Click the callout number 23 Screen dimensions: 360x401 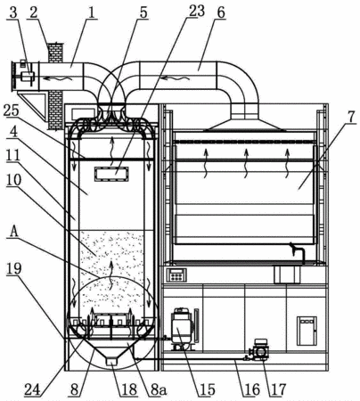pos(194,12)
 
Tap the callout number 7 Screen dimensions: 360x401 pos(351,117)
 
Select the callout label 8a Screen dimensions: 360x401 pos(158,389)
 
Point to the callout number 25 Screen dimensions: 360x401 pos(11,111)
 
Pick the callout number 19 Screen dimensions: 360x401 pos(13,269)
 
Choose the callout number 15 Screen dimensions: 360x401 pos(207,389)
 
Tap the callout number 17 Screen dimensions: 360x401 pos(278,389)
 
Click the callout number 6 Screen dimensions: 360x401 pos(220,12)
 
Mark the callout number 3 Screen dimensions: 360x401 pos(13,12)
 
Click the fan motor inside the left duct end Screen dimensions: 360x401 pos(26,77)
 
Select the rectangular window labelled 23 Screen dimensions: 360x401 pos(111,174)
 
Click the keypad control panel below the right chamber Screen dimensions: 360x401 pos(176,275)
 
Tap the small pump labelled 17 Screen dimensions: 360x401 pos(259,350)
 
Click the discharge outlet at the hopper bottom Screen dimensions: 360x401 pos(111,361)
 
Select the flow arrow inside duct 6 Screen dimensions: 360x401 pos(176,78)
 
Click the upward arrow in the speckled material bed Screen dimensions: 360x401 pos(111,275)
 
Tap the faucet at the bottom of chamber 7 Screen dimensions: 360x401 pos(298,252)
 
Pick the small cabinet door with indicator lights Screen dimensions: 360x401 pos(307,331)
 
